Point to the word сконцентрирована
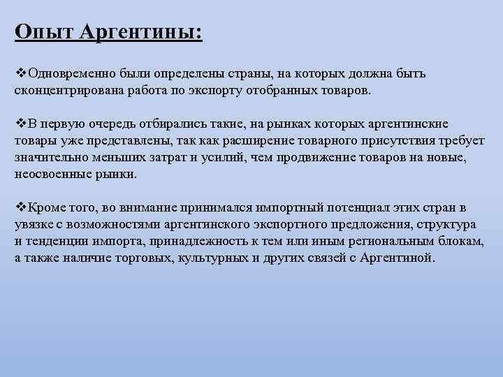[63, 91]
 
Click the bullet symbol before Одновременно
[19, 73]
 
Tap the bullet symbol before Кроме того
[19, 207]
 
